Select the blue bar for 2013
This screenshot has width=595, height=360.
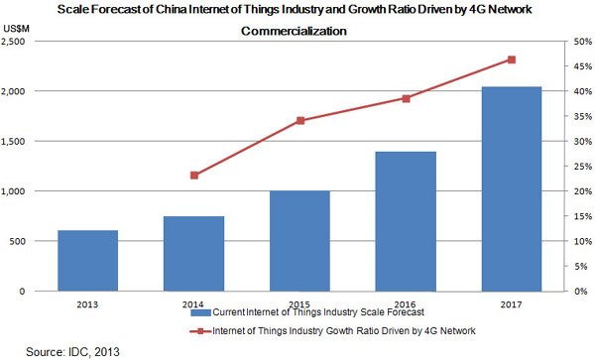pyautogui.click(x=88, y=261)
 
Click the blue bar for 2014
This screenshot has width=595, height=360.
pyautogui.click(x=194, y=254)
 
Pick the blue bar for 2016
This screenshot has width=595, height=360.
pyautogui.click(x=407, y=221)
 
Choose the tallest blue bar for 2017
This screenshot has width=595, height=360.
pyautogui.click(x=513, y=188)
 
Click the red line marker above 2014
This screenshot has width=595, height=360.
pyautogui.click(x=194, y=176)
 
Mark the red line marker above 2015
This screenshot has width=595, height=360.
pyautogui.click(x=300, y=121)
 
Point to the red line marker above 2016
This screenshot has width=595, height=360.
pyautogui.click(x=407, y=98)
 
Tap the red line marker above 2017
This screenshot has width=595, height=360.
pyautogui.click(x=513, y=60)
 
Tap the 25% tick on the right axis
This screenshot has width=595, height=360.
pyautogui.click(x=581, y=167)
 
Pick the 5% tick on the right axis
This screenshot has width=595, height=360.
pyautogui.click(x=579, y=267)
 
